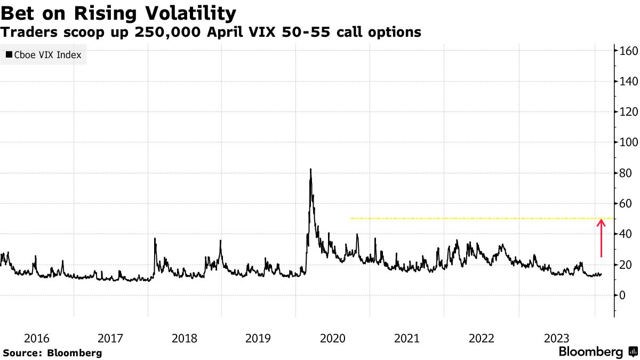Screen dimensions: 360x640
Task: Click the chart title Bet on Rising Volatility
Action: click(x=118, y=12)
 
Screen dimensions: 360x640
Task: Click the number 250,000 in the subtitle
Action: click(x=158, y=33)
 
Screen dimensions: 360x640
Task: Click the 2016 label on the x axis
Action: click(x=37, y=338)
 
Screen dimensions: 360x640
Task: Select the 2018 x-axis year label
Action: click(x=184, y=338)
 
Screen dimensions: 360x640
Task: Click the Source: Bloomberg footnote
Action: click(x=52, y=353)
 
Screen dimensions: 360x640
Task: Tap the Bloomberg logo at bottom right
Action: click(x=597, y=352)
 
